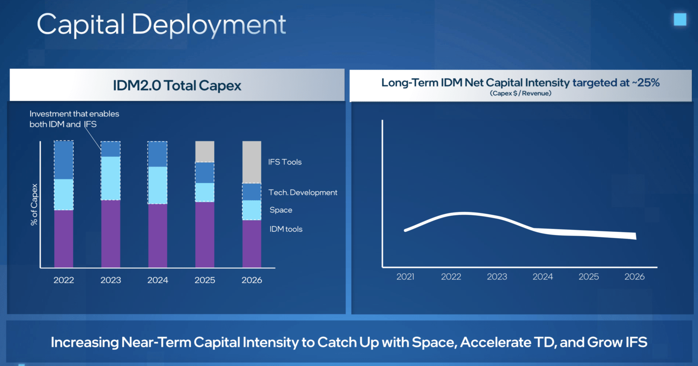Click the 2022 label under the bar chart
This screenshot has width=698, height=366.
(x=64, y=280)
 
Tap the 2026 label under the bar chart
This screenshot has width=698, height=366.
(x=252, y=280)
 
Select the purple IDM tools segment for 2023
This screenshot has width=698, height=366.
(x=110, y=234)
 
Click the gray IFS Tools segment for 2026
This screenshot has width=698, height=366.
(x=252, y=162)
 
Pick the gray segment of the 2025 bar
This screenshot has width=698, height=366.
(x=205, y=152)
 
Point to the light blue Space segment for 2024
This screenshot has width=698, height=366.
(x=158, y=185)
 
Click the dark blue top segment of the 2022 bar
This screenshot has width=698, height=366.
(x=64, y=160)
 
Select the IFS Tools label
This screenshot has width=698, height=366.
(x=285, y=162)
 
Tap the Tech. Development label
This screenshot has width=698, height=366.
(x=303, y=193)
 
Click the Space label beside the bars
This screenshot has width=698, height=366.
(x=281, y=210)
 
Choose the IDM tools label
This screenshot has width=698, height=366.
(x=286, y=229)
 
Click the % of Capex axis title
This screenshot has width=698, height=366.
(x=34, y=204)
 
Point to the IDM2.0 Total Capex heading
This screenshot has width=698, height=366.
(x=177, y=85)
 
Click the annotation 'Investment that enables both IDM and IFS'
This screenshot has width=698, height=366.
(x=74, y=119)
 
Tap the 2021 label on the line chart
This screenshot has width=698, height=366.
(x=405, y=277)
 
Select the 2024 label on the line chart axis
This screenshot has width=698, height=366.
(x=542, y=277)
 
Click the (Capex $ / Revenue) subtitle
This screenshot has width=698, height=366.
(x=520, y=94)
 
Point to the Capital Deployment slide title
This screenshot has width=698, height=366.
(x=161, y=24)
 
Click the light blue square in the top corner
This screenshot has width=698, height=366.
(x=680, y=19)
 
